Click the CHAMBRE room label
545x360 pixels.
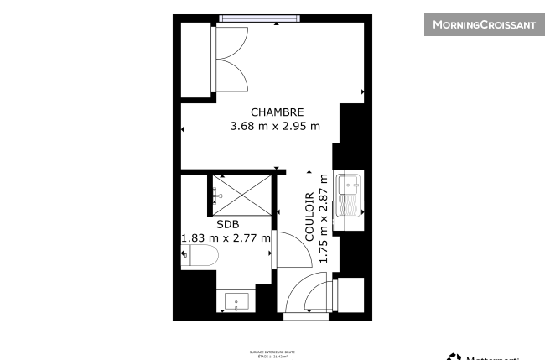click(277, 112)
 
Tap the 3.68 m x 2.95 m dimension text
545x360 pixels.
click(276, 127)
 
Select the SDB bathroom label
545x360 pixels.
click(227, 225)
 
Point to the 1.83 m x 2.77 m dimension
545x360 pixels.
click(226, 238)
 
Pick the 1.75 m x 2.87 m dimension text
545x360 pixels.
click(323, 217)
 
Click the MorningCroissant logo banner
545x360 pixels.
click(484, 24)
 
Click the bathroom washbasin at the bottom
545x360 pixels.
click(236, 301)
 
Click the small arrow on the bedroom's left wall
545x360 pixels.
click(183, 129)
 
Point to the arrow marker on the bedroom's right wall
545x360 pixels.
click(362, 91)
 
